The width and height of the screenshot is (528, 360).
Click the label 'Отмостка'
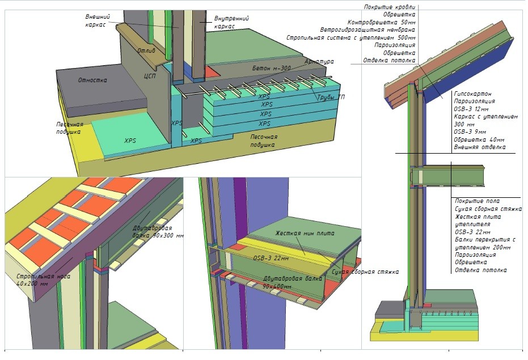tap(92, 80)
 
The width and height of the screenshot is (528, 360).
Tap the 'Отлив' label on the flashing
tap(146, 51)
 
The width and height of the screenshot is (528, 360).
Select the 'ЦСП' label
tap(150, 76)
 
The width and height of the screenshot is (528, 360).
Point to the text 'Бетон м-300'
tap(272, 68)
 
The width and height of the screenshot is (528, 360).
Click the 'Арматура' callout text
tap(319, 62)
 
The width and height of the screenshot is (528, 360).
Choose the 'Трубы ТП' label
tap(331, 98)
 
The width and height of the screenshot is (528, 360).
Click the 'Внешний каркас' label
tap(98, 20)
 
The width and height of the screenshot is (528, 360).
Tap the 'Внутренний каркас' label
tap(231, 22)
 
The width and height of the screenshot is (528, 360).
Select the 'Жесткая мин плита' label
tap(305, 233)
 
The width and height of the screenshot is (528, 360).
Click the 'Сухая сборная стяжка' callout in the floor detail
tap(365, 272)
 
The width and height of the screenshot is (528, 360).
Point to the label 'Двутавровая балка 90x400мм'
tap(292, 282)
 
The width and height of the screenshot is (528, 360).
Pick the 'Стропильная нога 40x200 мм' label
tap(44, 280)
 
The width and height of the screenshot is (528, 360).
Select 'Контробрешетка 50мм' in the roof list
tap(382, 22)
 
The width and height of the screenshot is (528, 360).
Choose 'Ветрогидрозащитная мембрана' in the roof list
tap(368, 30)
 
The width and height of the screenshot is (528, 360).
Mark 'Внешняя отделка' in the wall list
tap(480, 147)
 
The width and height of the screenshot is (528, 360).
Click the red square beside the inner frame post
tap(213, 71)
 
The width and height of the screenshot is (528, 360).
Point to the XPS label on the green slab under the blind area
tap(130, 141)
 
